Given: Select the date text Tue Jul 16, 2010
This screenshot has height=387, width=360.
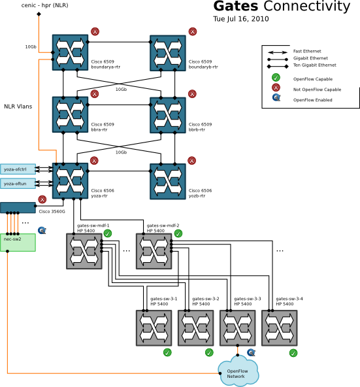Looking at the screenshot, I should [x=240, y=19].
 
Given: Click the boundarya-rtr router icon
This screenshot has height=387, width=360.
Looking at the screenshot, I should [x=70, y=51].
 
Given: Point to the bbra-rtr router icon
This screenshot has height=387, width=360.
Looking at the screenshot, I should [x=70, y=114].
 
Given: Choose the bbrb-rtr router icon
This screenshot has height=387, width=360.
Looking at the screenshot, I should [x=168, y=114].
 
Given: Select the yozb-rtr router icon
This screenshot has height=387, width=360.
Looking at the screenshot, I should [x=168, y=180].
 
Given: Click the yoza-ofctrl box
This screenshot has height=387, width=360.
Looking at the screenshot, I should [x=18, y=169].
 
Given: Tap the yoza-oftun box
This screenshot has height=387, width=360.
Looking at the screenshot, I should [x=18, y=184].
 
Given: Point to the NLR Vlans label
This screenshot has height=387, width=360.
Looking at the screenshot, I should [x=18, y=106].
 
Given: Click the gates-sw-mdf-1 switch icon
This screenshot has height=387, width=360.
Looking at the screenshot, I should [x=84, y=250].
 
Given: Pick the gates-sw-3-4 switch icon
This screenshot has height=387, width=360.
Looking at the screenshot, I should [x=279, y=328].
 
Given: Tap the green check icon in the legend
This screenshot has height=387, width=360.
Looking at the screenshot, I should [x=276, y=78].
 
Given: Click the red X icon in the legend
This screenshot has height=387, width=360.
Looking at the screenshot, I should [x=276, y=89].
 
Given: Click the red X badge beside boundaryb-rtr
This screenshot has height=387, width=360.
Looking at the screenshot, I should [x=192, y=31].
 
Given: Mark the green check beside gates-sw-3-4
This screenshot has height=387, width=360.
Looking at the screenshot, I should [x=293, y=352].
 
